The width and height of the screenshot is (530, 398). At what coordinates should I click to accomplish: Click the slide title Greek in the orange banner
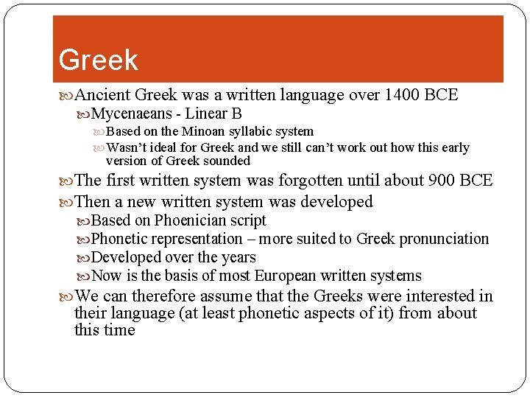98,60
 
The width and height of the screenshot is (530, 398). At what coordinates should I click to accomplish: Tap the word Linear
208,114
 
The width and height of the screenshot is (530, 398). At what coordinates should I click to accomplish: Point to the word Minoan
203,132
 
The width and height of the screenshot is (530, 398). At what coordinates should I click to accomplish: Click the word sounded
227,161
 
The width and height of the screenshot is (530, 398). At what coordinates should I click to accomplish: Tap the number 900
442,181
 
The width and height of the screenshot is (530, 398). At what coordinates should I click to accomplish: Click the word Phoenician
191,220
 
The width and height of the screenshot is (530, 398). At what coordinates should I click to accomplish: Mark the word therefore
163,296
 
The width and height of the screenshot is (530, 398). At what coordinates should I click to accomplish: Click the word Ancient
102,95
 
